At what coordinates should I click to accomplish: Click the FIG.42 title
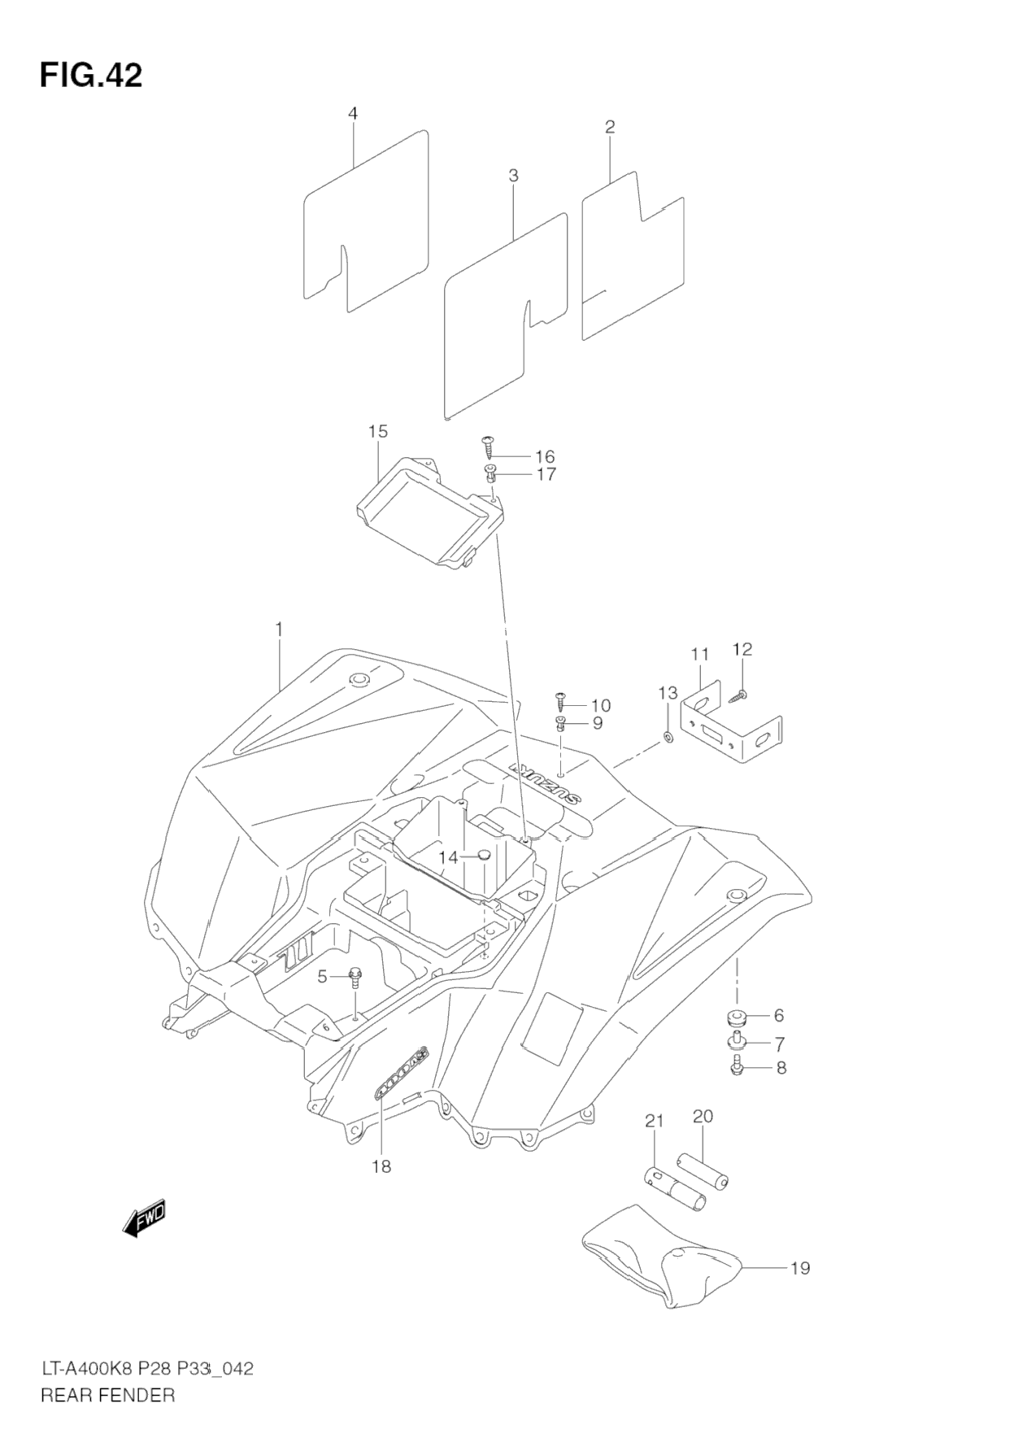[90, 76]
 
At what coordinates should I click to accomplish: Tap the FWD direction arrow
[145, 1218]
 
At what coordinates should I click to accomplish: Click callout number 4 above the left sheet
[353, 114]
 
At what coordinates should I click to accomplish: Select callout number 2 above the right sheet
[609, 127]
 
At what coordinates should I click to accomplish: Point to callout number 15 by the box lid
[378, 431]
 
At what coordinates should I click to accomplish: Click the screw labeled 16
[490, 446]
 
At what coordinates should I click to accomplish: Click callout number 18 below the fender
[381, 1166]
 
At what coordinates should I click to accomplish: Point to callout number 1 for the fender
[278, 630]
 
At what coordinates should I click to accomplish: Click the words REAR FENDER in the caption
[108, 1395]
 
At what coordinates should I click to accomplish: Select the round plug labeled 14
[483, 855]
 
